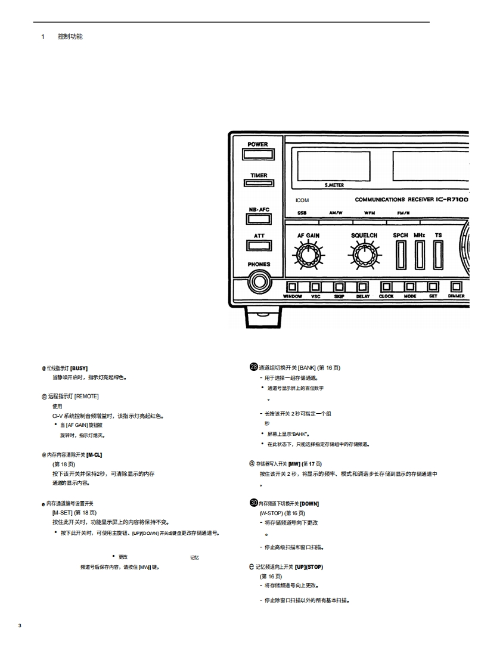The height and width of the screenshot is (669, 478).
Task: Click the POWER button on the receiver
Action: pos(258,154)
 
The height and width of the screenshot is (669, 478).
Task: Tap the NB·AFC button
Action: pos(258,218)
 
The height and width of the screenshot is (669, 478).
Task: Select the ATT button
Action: pos(259,244)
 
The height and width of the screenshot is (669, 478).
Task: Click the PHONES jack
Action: pos(259,280)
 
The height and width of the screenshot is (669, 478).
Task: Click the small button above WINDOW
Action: pos(293,287)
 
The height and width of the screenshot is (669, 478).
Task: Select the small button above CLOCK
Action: pos(386,287)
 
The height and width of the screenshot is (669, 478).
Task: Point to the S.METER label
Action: pos(334,185)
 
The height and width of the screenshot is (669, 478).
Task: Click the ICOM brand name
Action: pos(302,200)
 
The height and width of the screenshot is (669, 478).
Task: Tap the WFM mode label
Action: pos(369,213)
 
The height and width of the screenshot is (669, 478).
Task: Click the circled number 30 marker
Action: pos(253,503)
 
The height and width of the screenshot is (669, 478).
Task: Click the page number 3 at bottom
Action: pos(20,625)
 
